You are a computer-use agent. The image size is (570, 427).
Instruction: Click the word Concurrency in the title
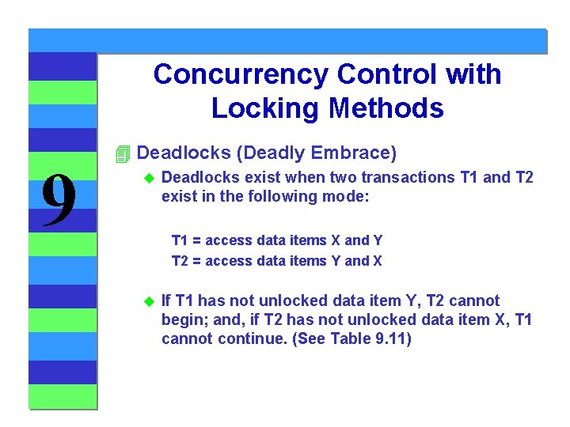tap(241, 74)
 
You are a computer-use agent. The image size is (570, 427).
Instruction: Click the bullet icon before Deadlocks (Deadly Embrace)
tap(121, 153)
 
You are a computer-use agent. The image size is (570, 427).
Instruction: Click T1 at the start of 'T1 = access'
tap(180, 240)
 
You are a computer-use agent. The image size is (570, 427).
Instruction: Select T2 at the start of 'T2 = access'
tap(180, 261)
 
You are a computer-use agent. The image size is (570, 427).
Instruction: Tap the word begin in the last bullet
tap(180, 319)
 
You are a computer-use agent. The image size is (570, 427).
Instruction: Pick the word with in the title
tap(473, 74)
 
